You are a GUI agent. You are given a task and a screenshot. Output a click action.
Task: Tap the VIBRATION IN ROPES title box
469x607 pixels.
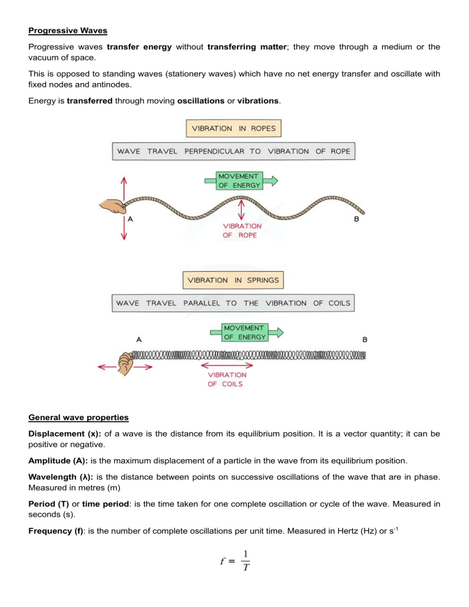233,129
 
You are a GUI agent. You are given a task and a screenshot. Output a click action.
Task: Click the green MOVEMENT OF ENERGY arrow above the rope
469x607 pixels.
239,180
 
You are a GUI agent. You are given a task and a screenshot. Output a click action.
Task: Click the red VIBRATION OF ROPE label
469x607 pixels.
242,230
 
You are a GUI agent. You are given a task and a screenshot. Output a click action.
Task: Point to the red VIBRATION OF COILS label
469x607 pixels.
227,379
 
